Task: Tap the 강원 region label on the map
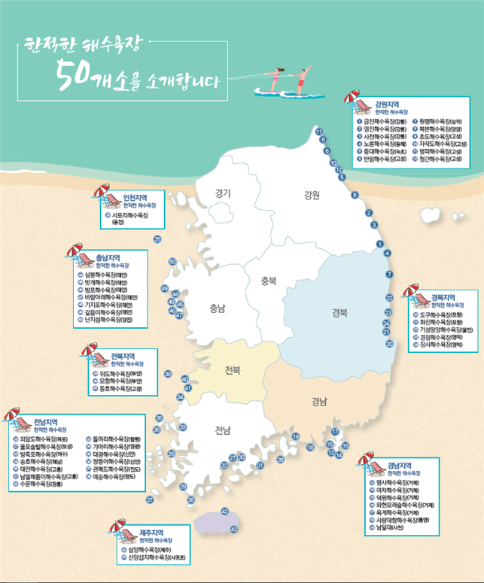tap(312, 196)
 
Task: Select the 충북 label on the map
tap(269, 281)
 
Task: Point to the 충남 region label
tap(218, 307)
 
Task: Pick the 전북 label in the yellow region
tap(233, 371)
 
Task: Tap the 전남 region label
tap(221, 431)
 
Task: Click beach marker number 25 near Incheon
tap(157, 239)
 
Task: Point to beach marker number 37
tap(150, 499)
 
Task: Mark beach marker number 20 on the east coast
tap(389, 343)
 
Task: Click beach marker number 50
tap(172, 262)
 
